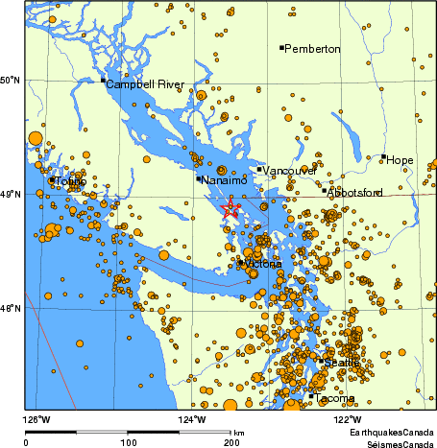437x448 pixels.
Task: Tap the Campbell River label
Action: point(145,84)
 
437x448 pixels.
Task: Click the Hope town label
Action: point(401,159)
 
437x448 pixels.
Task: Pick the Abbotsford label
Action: point(355,193)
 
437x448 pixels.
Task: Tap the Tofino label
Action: point(71,181)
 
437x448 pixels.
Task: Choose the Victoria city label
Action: point(262,263)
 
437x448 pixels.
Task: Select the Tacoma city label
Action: point(334,398)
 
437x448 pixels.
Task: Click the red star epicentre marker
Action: point(231,208)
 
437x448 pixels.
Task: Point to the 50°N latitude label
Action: point(12,80)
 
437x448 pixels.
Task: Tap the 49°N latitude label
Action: point(12,195)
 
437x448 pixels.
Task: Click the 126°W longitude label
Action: point(37,419)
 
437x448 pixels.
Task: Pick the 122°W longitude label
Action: point(348,419)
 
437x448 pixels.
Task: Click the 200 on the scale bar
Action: point(231,442)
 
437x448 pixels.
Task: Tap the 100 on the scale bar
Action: point(128,442)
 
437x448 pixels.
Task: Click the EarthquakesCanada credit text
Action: point(391,432)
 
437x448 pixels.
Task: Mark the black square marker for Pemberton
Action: point(281,47)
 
